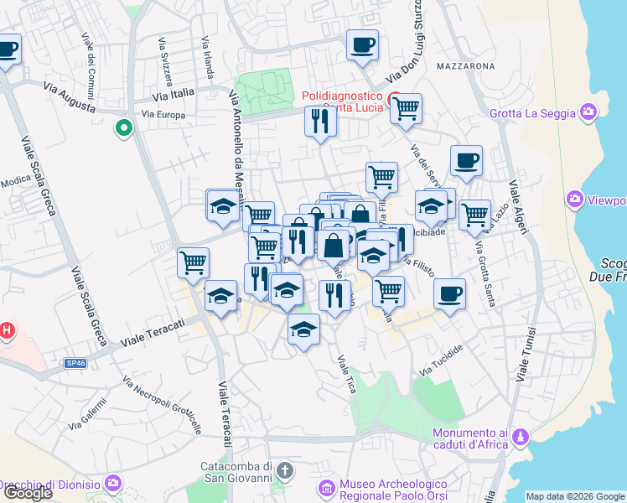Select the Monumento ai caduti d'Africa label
tap(469, 438)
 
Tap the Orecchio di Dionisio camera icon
tap(114, 484)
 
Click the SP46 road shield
tap(75, 363)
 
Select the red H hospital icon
tap(7, 330)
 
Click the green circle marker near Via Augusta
tap(123, 128)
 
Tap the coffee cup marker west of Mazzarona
tap(362, 45)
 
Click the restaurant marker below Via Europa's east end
tap(319, 122)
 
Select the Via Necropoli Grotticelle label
tap(162, 405)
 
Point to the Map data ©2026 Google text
tap(575, 496)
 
